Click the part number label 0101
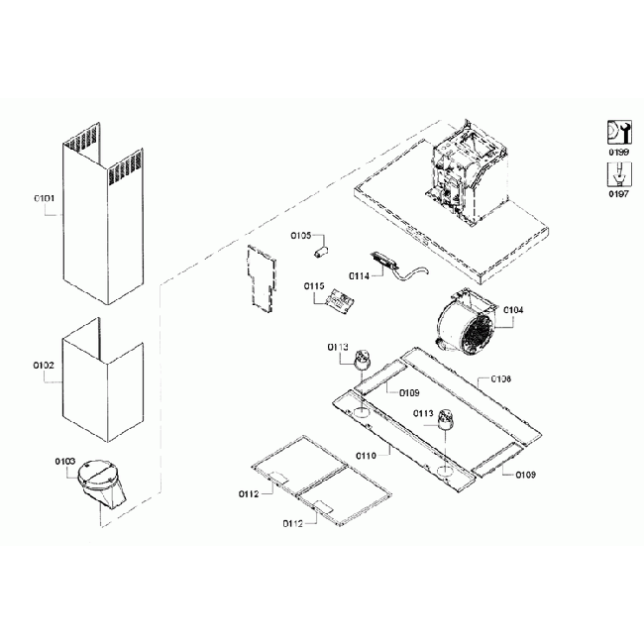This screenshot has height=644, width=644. point(44,199)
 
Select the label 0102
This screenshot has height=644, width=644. point(44,365)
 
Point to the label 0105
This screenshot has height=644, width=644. point(300,236)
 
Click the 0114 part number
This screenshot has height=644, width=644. point(359,274)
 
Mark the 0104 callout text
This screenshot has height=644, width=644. point(513,309)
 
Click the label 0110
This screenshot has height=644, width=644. point(366,456)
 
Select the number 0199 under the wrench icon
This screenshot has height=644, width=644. point(618,154)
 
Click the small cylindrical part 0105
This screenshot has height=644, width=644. point(321,252)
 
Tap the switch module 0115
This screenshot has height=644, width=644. point(342,300)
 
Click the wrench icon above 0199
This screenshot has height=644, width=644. point(618,133)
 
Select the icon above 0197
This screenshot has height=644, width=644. point(618,174)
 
